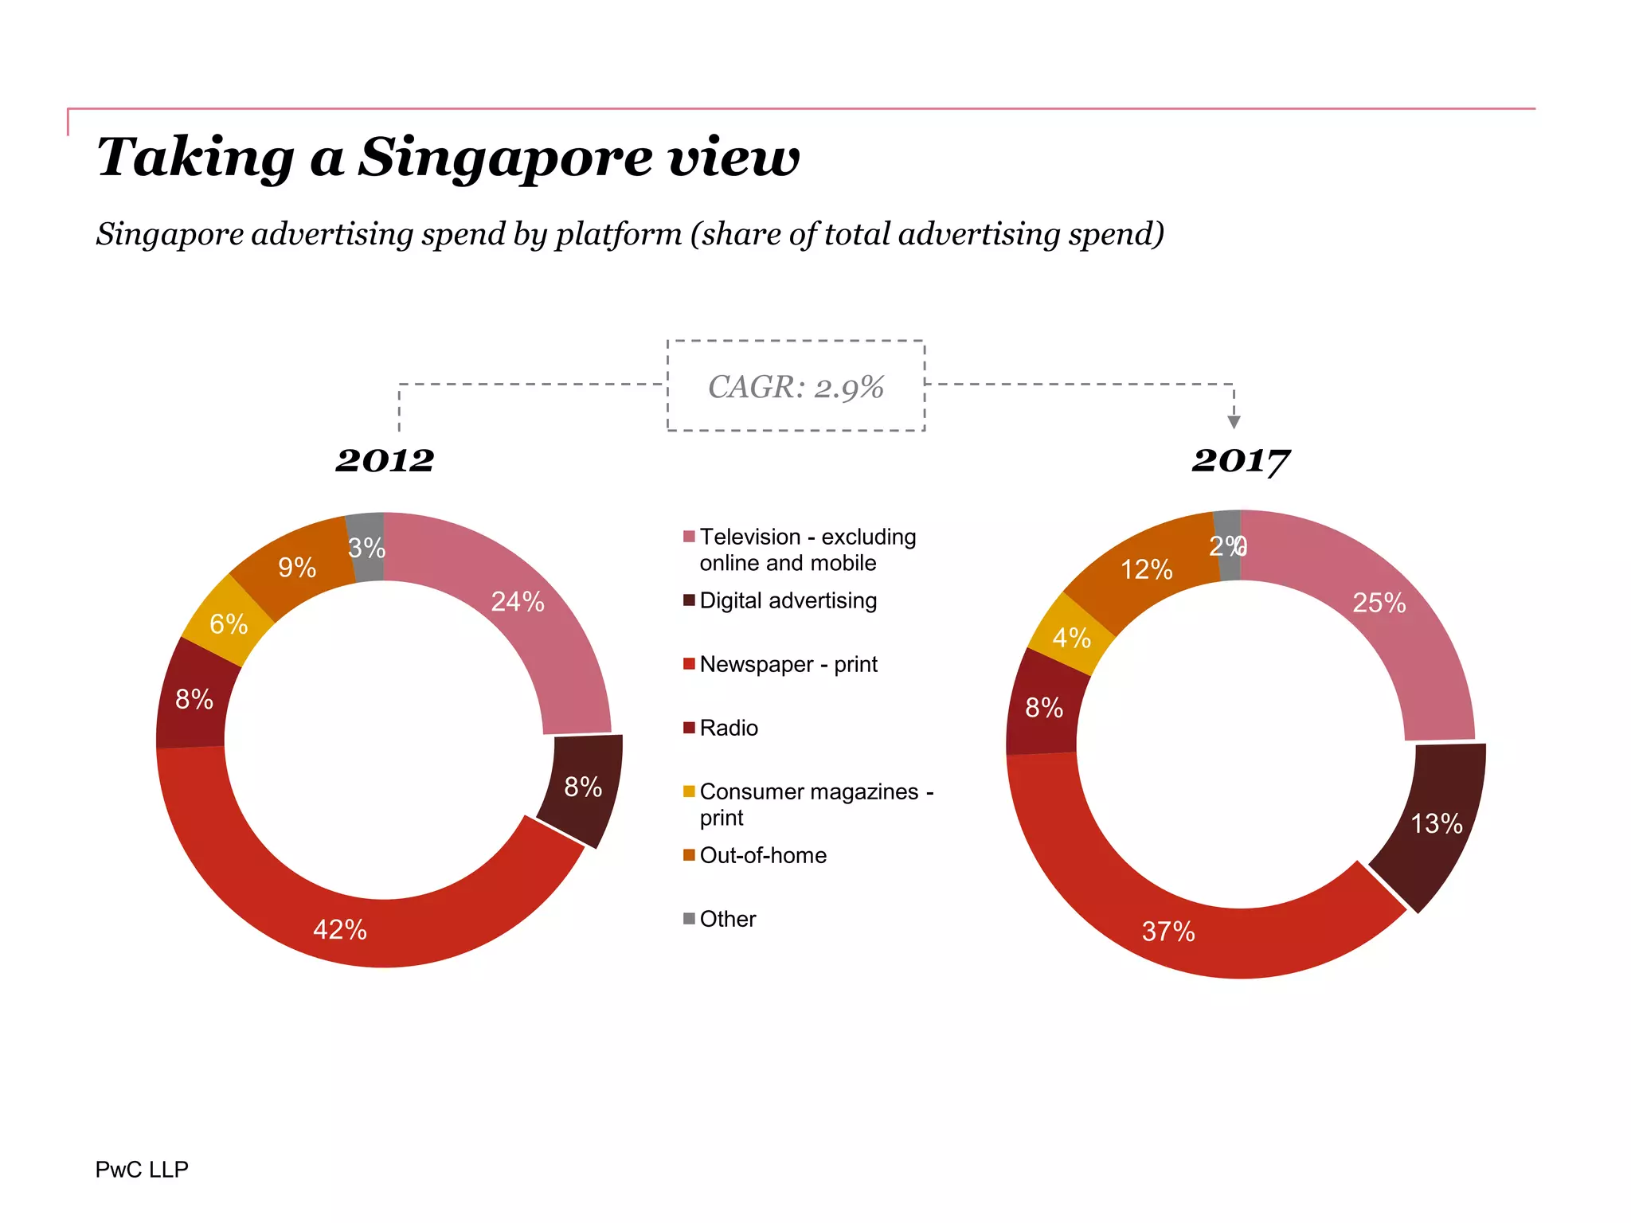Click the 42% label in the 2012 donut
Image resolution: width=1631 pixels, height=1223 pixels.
click(x=340, y=930)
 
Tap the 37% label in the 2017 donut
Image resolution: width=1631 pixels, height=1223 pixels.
click(x=1168, y=932)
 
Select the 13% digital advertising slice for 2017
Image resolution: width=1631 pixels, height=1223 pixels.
click(x=1436, y=823)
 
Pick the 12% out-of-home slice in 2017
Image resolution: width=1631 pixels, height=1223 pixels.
click(x=1146, y=569)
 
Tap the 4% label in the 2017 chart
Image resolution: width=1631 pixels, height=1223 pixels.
click(x=1071, y=638)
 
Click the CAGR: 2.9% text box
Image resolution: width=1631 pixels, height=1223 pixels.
click(x=796, y=387)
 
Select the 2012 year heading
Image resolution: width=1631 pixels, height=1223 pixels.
click(x=385, y=460)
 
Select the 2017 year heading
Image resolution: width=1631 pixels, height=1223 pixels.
click(x=1240, y=460)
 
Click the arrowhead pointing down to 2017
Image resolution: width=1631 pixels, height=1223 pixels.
click(x=1234, y=421)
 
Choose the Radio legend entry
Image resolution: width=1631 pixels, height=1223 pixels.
click(x=728, y=728)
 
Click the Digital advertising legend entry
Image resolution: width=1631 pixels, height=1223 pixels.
click(x=788, y=600)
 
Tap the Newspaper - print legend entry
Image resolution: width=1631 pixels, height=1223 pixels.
click(x=788, y=664)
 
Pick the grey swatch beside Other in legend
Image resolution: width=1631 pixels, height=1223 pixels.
click(x=689, y=918)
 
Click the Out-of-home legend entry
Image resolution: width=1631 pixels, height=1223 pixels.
click(x=762, y=855)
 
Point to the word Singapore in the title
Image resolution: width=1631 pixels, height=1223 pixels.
click(x=506, y=158)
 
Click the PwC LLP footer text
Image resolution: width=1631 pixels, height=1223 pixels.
click(x=142, y=1169)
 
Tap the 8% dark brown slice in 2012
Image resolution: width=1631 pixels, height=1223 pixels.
click(x=582, y=787)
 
